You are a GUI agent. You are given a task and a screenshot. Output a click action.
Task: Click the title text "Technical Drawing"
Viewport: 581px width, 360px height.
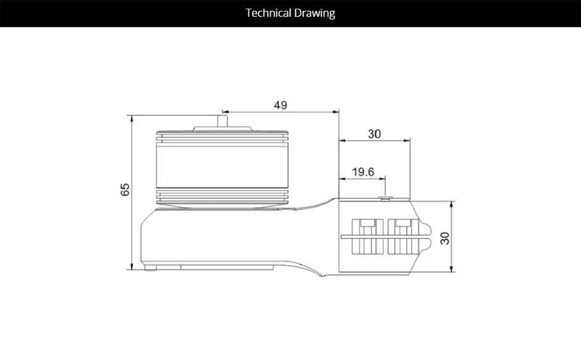(x=290, y=13)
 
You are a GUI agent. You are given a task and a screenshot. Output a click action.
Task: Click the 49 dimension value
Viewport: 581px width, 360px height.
(x=280, y=105)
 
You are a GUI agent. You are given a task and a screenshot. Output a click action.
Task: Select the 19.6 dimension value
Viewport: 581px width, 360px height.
(x=363, y=171)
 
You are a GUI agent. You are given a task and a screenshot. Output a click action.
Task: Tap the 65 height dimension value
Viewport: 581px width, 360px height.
(x=125, y=189)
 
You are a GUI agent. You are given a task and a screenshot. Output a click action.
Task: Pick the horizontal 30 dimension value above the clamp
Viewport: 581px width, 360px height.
(x=375, y=134)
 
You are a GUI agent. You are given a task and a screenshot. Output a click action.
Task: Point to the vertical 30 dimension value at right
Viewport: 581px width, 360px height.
(x=444, y=238)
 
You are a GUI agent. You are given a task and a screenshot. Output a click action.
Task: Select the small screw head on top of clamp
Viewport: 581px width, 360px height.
(x=385, y=198)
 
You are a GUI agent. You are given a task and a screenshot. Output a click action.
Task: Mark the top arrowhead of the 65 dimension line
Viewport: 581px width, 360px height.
(x=131, y=118)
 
